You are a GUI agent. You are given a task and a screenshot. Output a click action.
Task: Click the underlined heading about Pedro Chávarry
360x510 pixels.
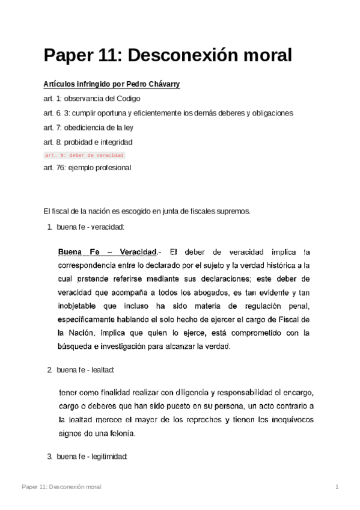(112, 84)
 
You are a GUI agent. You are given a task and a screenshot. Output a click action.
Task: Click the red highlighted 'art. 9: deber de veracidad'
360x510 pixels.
(84, 155)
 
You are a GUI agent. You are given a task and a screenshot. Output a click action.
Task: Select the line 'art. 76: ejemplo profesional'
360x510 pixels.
(87, 168)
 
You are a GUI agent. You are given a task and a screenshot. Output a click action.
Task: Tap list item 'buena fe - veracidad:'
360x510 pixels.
(90, 227)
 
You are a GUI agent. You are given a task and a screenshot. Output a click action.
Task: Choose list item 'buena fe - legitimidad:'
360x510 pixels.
(92, 457)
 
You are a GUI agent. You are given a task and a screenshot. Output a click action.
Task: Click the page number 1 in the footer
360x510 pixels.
(338, 486)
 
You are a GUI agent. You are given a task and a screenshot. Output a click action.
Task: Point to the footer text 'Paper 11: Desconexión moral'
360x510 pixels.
(61, 486)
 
